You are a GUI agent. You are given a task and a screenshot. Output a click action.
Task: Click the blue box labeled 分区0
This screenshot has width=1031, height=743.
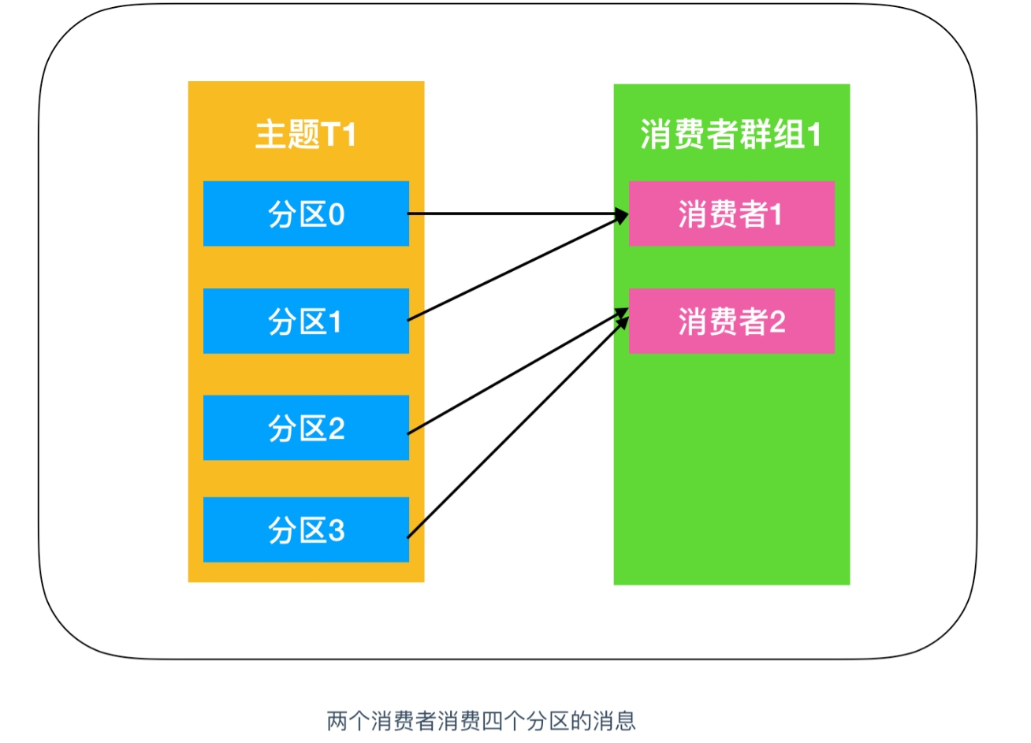click(306, 214)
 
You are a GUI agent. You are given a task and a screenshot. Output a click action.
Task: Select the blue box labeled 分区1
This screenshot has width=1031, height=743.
click(306, 321)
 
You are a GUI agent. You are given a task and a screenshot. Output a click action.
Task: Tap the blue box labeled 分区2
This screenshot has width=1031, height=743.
click(306, 427)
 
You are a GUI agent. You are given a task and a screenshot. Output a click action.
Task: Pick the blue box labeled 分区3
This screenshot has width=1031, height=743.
click(306, 529)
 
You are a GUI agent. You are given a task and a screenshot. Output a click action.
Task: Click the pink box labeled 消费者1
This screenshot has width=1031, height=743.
click(731, 214)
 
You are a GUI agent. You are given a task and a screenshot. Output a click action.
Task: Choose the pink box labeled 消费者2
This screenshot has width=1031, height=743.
click(731, 321)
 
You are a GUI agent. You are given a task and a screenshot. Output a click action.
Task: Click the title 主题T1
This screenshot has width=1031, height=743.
click(306, 134)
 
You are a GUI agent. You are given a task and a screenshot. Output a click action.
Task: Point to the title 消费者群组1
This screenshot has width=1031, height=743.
click(731, 134)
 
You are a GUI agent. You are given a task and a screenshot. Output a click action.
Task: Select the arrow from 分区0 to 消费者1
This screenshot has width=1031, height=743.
click(519, 214)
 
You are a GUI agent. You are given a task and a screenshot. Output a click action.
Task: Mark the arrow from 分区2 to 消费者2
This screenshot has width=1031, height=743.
click(519, 371)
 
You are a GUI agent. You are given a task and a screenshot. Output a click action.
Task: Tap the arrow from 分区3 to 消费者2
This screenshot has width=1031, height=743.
click(519, 427)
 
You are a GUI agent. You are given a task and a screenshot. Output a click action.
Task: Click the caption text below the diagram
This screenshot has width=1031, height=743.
click(482, 721)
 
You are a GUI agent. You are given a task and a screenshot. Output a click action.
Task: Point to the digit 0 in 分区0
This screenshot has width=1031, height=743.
click(337, 214)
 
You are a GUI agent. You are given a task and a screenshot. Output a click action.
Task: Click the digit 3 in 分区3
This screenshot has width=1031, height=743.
click(337, 530)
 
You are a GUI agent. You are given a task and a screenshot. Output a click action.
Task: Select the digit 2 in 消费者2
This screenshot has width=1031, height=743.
click(777, 321)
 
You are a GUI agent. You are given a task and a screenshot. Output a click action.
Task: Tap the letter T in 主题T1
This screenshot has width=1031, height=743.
click(329, 134)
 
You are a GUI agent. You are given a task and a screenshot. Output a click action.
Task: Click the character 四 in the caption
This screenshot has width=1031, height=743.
click(493, 721)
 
